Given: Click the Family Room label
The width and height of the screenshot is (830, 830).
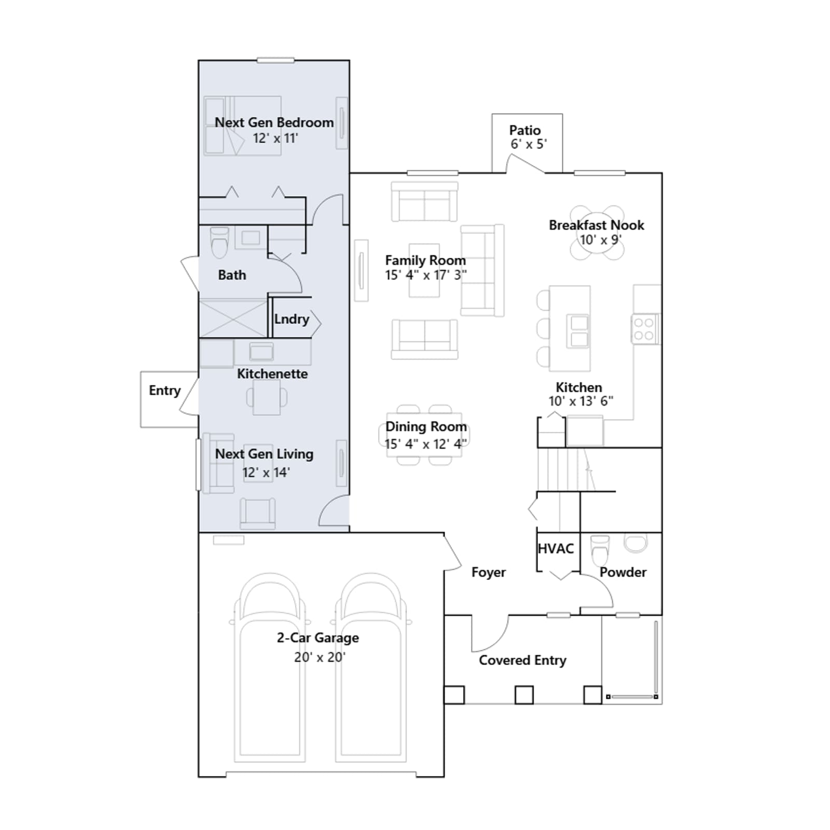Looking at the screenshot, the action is point(425,260).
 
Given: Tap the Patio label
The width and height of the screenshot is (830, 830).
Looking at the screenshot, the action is point(525,130).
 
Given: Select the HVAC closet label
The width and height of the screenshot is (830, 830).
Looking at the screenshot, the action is point(556,549).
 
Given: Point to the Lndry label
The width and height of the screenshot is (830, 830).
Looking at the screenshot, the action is point(292,320).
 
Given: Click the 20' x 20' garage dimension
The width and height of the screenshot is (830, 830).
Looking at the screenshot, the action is point(320,657).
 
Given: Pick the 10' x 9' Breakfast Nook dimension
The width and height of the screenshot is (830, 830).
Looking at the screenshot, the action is point(600,240).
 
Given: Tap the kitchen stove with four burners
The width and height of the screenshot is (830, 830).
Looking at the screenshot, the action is point(644,329).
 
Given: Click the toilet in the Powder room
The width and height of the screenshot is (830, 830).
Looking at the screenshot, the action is point(600,550).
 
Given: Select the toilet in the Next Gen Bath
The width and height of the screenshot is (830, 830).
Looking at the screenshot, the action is point(219,242).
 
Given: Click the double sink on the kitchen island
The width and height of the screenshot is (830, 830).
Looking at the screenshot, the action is point(579,331).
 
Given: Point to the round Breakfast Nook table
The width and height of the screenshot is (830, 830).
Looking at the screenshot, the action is point(597,232).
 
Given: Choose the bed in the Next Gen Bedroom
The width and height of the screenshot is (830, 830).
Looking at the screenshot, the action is point(243,126).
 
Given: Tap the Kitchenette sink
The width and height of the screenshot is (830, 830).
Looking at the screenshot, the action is point(261,351).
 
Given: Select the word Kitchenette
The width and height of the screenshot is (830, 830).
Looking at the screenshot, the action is point(272,374).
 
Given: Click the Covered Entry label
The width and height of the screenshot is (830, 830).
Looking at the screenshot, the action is point(522,660).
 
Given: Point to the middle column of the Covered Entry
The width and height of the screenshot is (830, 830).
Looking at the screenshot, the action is point(524,695).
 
